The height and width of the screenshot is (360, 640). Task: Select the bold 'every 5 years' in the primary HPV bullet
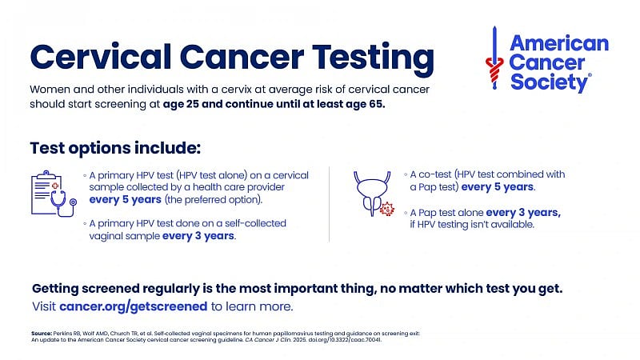click(126, 199)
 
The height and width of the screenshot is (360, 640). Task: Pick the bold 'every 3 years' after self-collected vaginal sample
click(198, 236)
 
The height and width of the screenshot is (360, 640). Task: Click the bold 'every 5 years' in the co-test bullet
click(497, 187)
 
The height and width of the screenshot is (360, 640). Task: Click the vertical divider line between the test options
click(330, 204)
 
